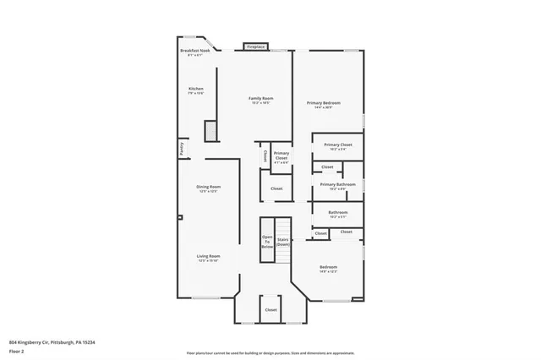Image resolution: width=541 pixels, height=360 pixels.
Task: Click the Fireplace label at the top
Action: [x=255, y=46]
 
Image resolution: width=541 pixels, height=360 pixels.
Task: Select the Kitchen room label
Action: [x=195, y=90]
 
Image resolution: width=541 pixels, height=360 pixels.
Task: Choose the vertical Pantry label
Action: [x=181, y=149]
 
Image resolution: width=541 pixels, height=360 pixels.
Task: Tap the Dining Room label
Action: [x=208, y=188]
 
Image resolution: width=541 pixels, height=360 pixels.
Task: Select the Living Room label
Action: [x=208, y=258]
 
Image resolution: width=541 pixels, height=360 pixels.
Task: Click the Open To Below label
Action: [x=267, y=242]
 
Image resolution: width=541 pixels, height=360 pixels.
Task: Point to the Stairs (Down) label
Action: [x=282, y=242]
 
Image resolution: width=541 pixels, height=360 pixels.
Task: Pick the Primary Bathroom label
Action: [x=337, y=185]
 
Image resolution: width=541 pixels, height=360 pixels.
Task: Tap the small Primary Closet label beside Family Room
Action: [x=281, y=158]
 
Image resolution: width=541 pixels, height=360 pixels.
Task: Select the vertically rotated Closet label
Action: [x=265, y=156]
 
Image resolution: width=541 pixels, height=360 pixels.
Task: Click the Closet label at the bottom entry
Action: [x=270, y=310]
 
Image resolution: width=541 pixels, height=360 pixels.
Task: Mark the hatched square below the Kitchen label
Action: [x=210, y=131]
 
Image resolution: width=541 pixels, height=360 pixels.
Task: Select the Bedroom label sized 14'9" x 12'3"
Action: [x=328, y=270]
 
